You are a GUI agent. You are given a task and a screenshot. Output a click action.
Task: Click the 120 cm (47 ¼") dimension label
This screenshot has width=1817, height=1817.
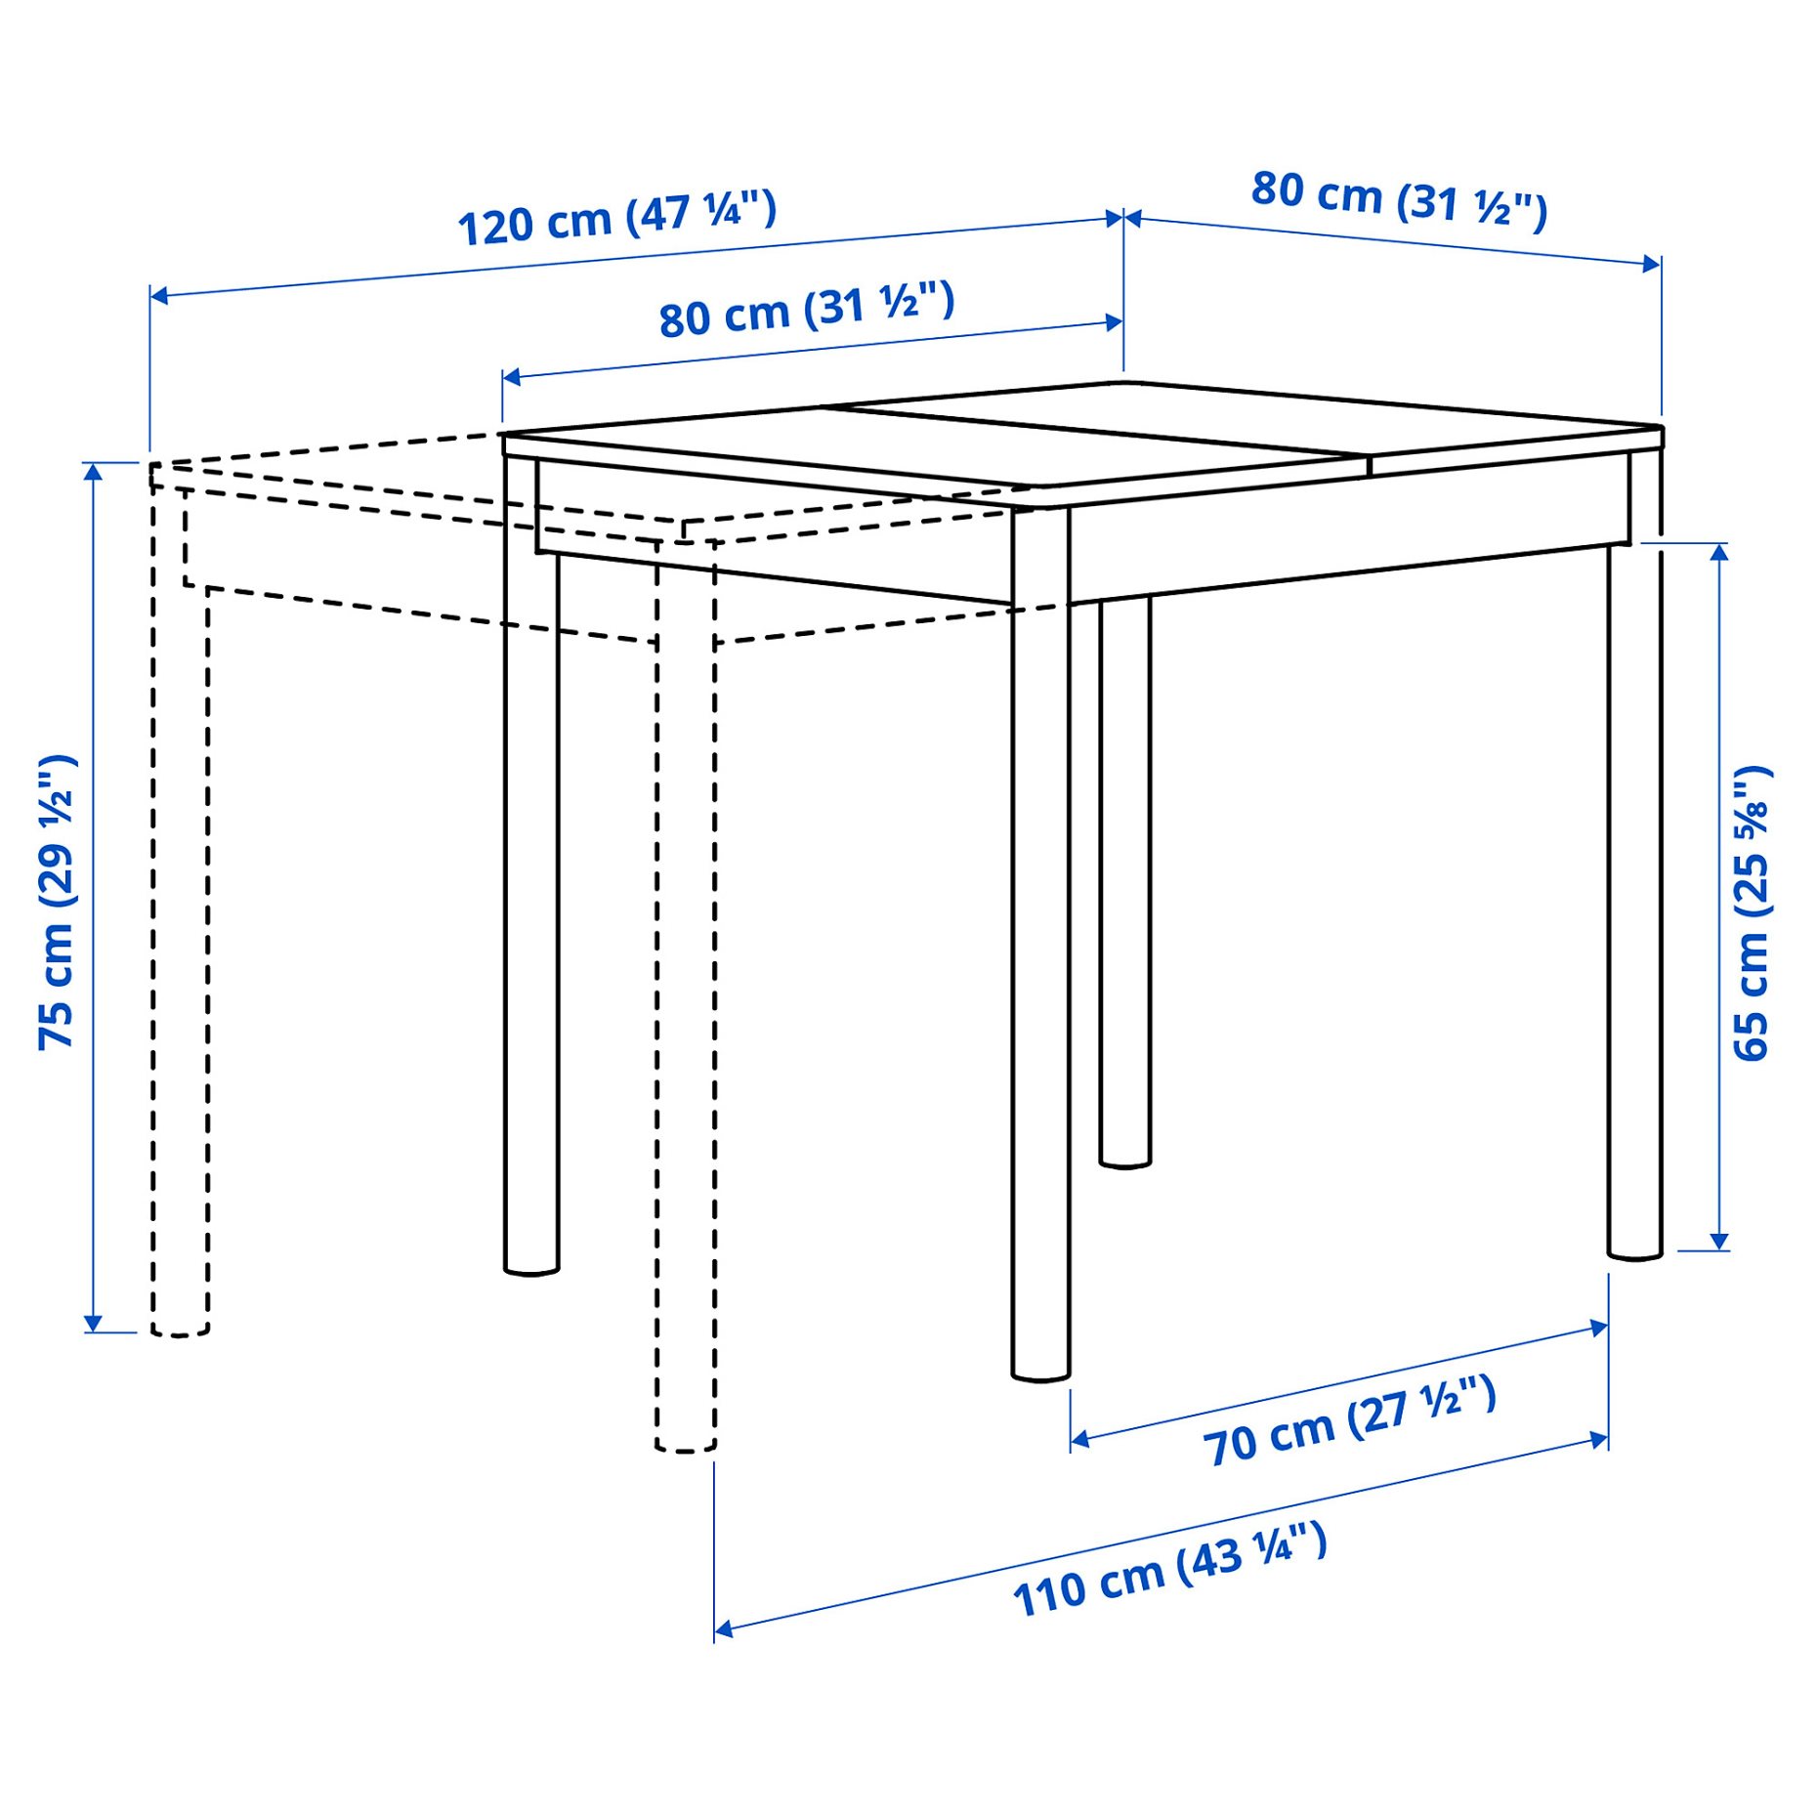click(616, 219)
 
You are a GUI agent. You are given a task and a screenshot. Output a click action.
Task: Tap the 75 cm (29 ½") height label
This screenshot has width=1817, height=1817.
click(58, 902)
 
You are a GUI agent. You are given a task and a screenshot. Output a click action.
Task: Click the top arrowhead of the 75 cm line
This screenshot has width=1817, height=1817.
click(93, 472)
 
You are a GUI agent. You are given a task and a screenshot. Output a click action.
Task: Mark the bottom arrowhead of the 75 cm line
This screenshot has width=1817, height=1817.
click(93, 1324)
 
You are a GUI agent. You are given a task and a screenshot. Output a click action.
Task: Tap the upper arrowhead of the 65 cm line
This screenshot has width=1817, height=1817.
click(1718, 552)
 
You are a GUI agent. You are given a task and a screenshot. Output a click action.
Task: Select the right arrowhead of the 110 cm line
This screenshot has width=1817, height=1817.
click(1599, 1440)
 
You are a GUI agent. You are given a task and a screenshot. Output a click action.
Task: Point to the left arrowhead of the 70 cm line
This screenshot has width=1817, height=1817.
click(1079, 1438)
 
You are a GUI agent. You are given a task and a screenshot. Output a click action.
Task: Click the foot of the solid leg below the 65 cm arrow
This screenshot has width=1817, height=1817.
click(1634, 1253)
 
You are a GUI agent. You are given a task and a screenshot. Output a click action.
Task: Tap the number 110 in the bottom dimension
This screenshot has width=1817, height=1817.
click(1050, 1594)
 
